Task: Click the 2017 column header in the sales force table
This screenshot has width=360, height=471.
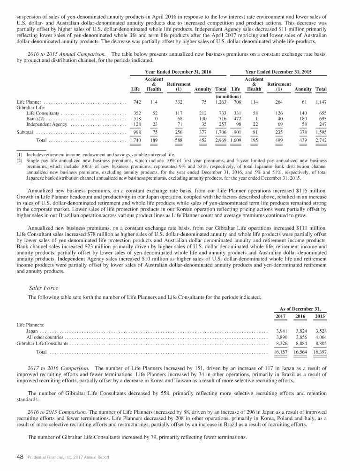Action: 281,317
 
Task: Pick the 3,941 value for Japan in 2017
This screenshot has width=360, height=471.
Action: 281,331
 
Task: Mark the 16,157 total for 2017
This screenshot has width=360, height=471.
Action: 281,352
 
